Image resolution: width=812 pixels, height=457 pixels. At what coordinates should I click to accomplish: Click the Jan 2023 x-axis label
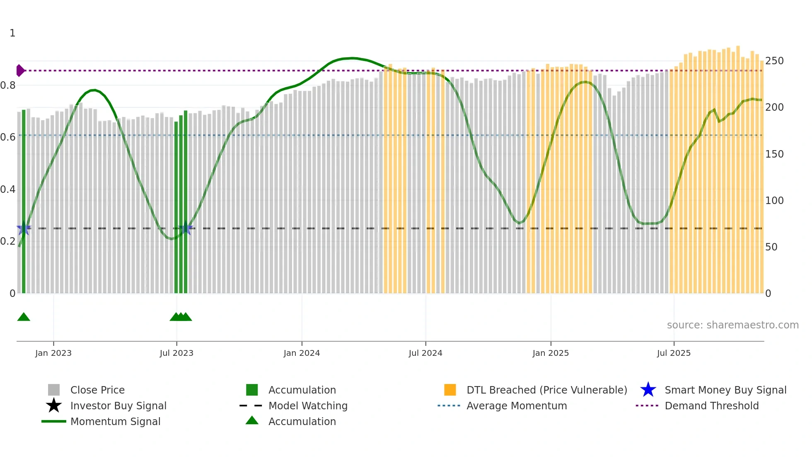[x=53, y=353]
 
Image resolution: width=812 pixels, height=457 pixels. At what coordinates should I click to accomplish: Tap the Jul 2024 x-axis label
[x=425, y=353]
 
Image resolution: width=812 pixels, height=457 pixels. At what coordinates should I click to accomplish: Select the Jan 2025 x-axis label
[x=551, y=353]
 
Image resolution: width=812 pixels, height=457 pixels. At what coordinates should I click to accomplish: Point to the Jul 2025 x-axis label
[x=674, y=353]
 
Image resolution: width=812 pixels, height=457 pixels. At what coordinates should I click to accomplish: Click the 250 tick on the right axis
[x=774, y=61]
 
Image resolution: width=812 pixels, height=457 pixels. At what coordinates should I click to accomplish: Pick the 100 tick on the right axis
[x=774, y=201]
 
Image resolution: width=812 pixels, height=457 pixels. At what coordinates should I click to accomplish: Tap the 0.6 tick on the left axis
[x=8, y=137]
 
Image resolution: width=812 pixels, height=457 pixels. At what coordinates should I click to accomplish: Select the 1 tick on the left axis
[x=12, y=33]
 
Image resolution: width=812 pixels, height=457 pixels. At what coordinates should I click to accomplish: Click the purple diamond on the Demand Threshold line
[x=20, y=70]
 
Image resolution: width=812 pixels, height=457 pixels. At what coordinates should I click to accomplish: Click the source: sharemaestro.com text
[x=732, y=325]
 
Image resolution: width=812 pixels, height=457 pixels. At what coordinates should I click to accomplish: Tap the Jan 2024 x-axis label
[x=302, y=353]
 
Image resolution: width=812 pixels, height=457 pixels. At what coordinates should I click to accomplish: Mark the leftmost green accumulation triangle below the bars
[x=24, y=317]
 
